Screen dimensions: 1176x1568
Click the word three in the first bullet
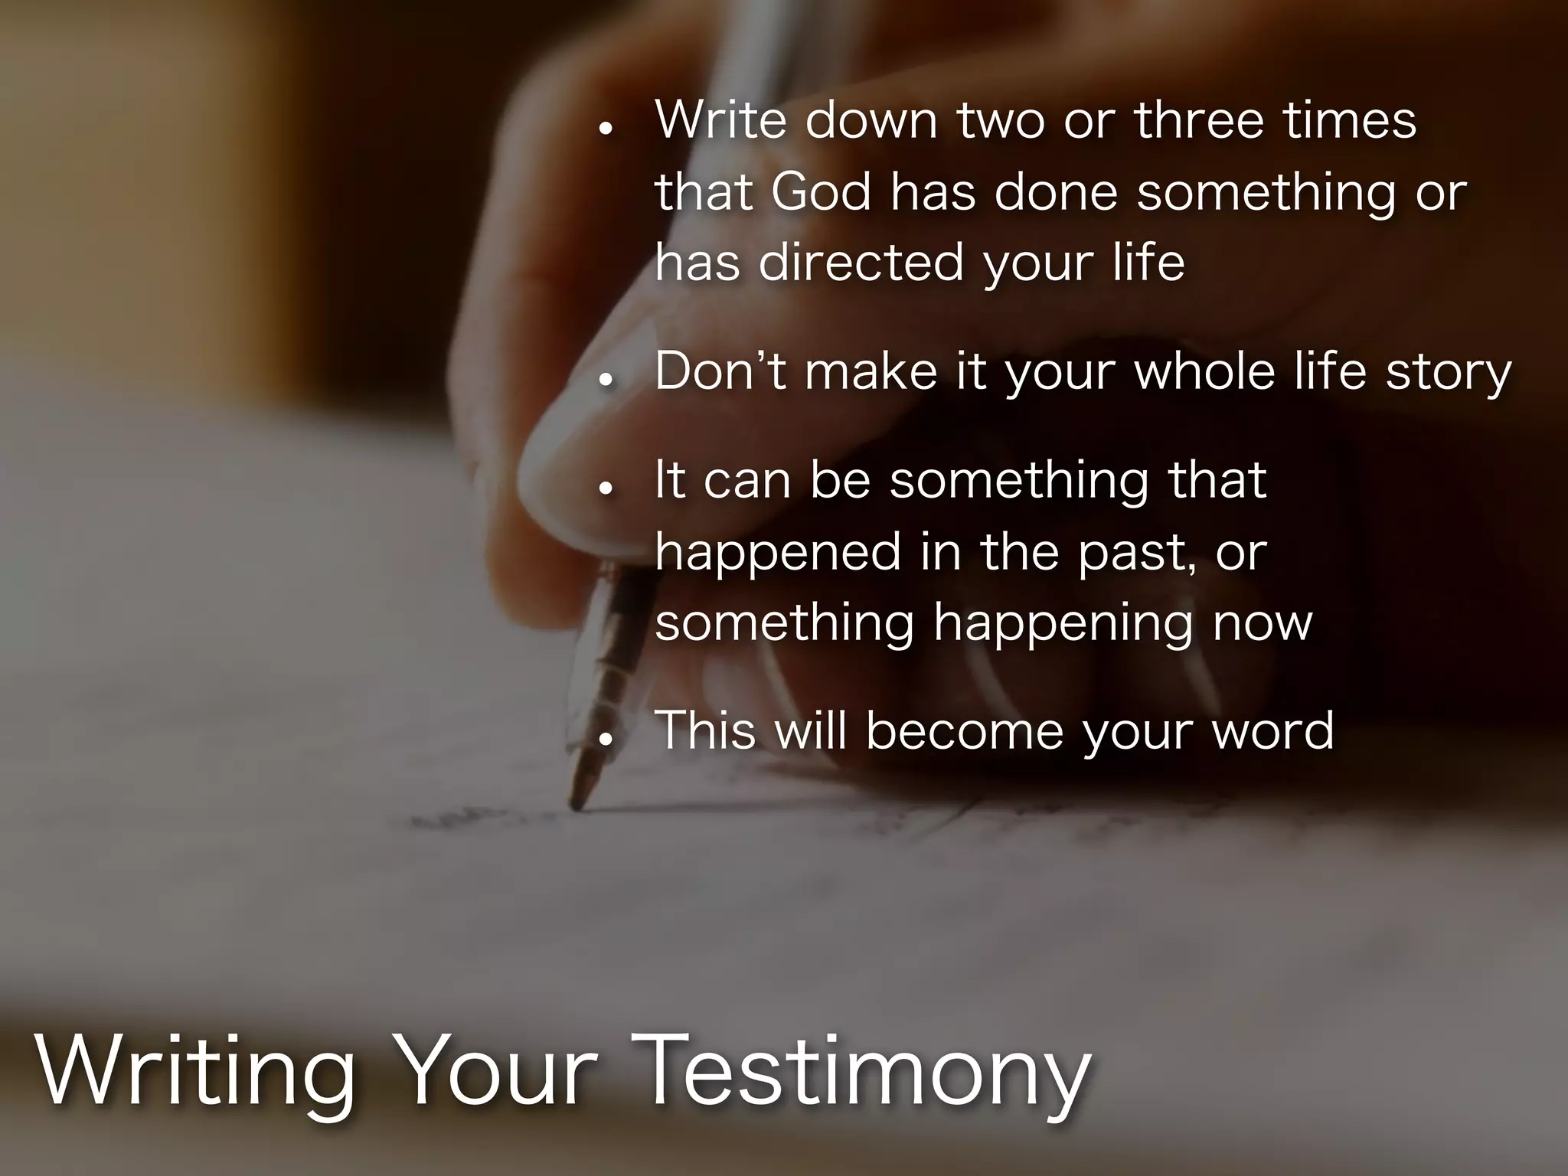pos(1199,120)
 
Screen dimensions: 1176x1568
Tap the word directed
pos(861,263)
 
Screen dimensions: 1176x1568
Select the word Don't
pos(720,372)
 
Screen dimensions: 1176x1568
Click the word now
pos(1263,624)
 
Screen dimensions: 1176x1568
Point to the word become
pos(965,731)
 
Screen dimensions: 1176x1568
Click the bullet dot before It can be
pos(606,488)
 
